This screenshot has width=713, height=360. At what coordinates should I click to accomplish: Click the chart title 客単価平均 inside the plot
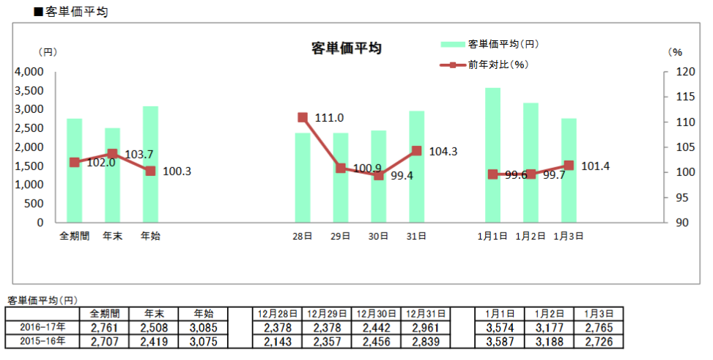point(347,48)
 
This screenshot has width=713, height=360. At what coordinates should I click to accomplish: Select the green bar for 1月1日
point(493,155)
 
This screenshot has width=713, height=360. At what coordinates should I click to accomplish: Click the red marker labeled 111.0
point(303,117)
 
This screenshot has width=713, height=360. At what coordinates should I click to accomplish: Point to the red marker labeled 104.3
point(417,151)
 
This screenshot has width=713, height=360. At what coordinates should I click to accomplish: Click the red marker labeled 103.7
point(112,154)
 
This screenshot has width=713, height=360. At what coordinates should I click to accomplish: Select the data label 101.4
point(596,166)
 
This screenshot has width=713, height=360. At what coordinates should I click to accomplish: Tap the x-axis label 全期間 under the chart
point(74,237)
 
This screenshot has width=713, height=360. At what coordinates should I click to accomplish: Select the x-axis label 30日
point(379,237)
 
